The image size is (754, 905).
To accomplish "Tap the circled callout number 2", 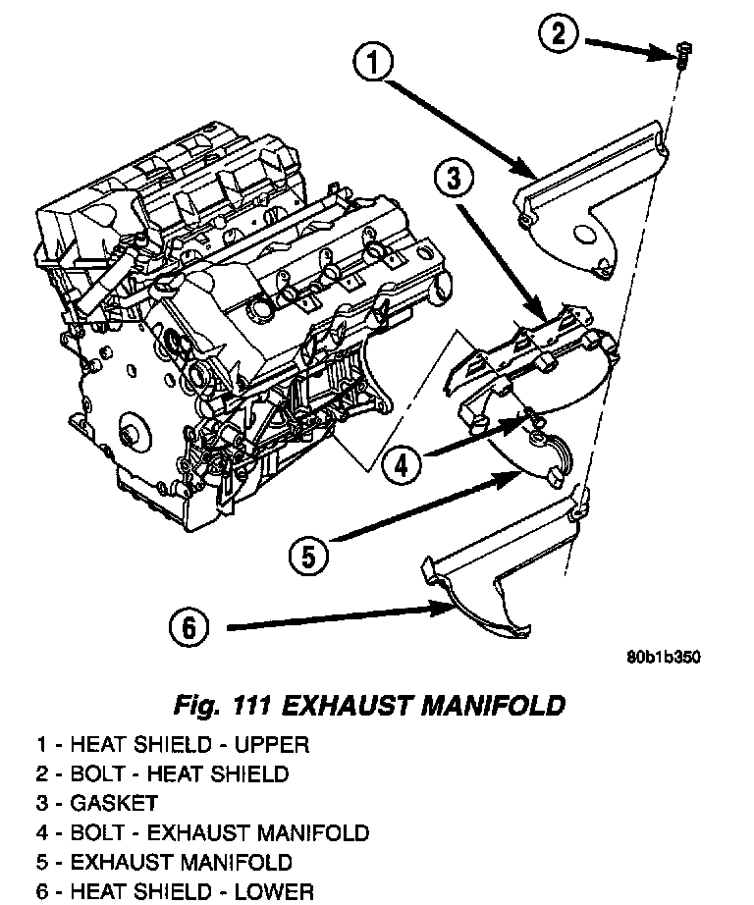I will pyautogui.click(x=557, y=36).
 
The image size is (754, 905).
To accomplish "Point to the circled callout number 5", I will pyautogui.click(x=308, y=556).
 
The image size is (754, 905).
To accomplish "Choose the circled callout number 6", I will pyautogui.click(x=190, y=625).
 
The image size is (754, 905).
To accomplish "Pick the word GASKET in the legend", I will pyautogui.click(x=114, y=804).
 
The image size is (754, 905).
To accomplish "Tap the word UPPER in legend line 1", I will pyautogui.click(x=273, y=745).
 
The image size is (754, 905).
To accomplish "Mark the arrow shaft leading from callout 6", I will pyautogui.click(x=324, y=617).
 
